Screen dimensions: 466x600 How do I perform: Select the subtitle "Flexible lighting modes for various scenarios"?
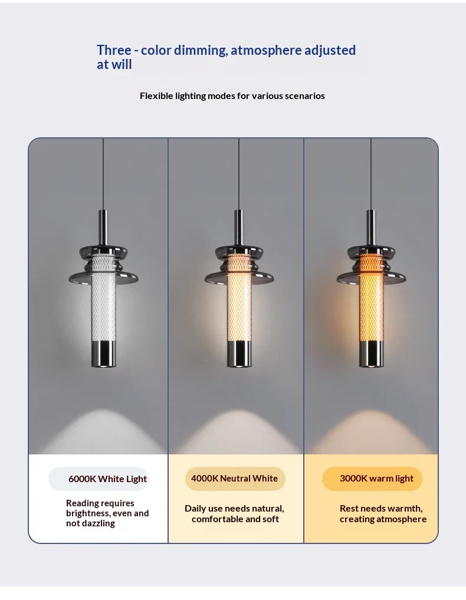pyautogui.click(x=232, y=95)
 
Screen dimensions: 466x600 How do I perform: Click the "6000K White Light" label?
pyautogui.click(x=107, y=479)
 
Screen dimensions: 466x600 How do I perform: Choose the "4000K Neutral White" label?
pyautogui.click(x=234, y=479)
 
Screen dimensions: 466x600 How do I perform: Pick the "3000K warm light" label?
pyautogui.click(x=376, y=479)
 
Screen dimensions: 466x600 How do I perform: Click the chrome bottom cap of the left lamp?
pyautogui.click(x=103, y=354)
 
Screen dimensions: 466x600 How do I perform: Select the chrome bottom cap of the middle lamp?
pyautogui.click(x=239, y=354)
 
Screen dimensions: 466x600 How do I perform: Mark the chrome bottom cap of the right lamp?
pyautogui.click(x=371, y=354)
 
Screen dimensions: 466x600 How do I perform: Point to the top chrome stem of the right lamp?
pyautogui.click(x=370, y=228)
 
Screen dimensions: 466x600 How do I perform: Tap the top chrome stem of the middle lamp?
pyautogui.click(x=239, y=228)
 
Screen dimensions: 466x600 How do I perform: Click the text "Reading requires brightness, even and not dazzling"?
pyautogui.click(x=107, y=513)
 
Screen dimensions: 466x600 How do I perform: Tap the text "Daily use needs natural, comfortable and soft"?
pyautogui.click(x=234, y=514)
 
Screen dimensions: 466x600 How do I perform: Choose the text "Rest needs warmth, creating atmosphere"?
pyautogui.click(x=383, y=514)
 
